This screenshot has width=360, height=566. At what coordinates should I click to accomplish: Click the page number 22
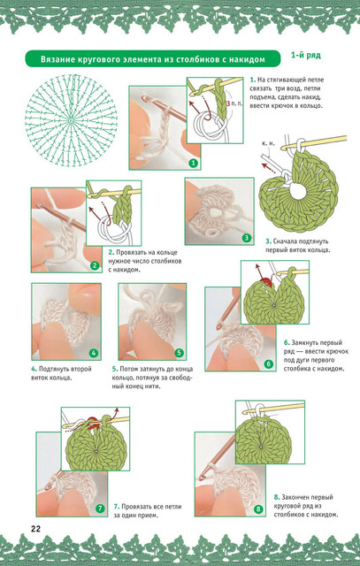(35, 529)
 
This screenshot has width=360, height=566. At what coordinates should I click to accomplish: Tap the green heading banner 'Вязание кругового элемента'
(153, 58)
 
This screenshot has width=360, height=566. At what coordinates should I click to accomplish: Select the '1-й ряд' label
(306, 55)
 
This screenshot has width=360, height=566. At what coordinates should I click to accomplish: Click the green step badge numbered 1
(194, 164)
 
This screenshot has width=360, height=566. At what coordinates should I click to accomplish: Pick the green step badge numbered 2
(95, 266)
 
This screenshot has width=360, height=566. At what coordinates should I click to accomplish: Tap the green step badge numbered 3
(247, 238)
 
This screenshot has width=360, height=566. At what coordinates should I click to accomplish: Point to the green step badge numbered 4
(94, 354)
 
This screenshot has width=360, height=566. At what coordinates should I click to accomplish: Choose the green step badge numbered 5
(179, 353)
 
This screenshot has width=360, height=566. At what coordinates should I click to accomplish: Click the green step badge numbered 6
(269, 364)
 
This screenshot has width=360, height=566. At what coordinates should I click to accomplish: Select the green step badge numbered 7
(100, 509)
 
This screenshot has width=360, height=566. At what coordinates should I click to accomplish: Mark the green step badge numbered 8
(258, 509)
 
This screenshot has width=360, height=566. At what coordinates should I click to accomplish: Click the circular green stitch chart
(71, 120)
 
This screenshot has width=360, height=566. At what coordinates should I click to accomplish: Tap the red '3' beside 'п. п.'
(228, 103)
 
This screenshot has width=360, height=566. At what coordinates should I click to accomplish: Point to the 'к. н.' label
(268, 143)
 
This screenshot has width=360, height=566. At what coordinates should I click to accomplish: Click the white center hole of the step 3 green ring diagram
(298, 191)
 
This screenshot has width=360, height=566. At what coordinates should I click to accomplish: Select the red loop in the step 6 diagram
(266, 281)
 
